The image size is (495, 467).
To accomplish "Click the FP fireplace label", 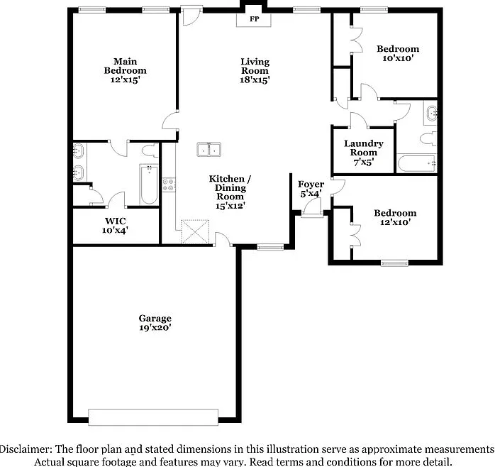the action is tap(255, 19).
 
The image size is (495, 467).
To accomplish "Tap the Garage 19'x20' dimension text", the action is tap(155, 328).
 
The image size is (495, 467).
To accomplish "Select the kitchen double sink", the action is tap(209, 149).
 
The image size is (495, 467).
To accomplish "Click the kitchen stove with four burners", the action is tap(169, 185).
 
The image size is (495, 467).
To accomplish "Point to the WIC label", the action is tap(115, 221).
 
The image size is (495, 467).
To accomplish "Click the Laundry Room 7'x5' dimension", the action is tap(363, 162).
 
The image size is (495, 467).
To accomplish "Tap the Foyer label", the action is tap(311, 185).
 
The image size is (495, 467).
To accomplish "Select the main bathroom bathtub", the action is tap(149, 185).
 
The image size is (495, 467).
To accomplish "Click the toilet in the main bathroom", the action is tap(150, 150).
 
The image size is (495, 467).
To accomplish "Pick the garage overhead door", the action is tap(153, 417).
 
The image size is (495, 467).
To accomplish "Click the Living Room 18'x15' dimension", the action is tap(255, 79).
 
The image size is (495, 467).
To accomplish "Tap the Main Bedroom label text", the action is tap(126, 66).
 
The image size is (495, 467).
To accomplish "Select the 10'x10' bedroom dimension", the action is tap(398, 58).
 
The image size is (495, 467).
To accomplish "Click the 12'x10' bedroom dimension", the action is tap(395, 222).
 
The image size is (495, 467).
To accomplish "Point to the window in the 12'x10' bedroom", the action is tap(394, 263).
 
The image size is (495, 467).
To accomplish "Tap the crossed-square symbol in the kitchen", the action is tap(195, 232).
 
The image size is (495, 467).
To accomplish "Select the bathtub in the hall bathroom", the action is tap(416, 163).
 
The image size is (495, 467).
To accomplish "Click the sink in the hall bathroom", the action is tap(431, 114).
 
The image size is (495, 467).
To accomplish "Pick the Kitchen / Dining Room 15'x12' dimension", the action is tap(230, 206).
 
